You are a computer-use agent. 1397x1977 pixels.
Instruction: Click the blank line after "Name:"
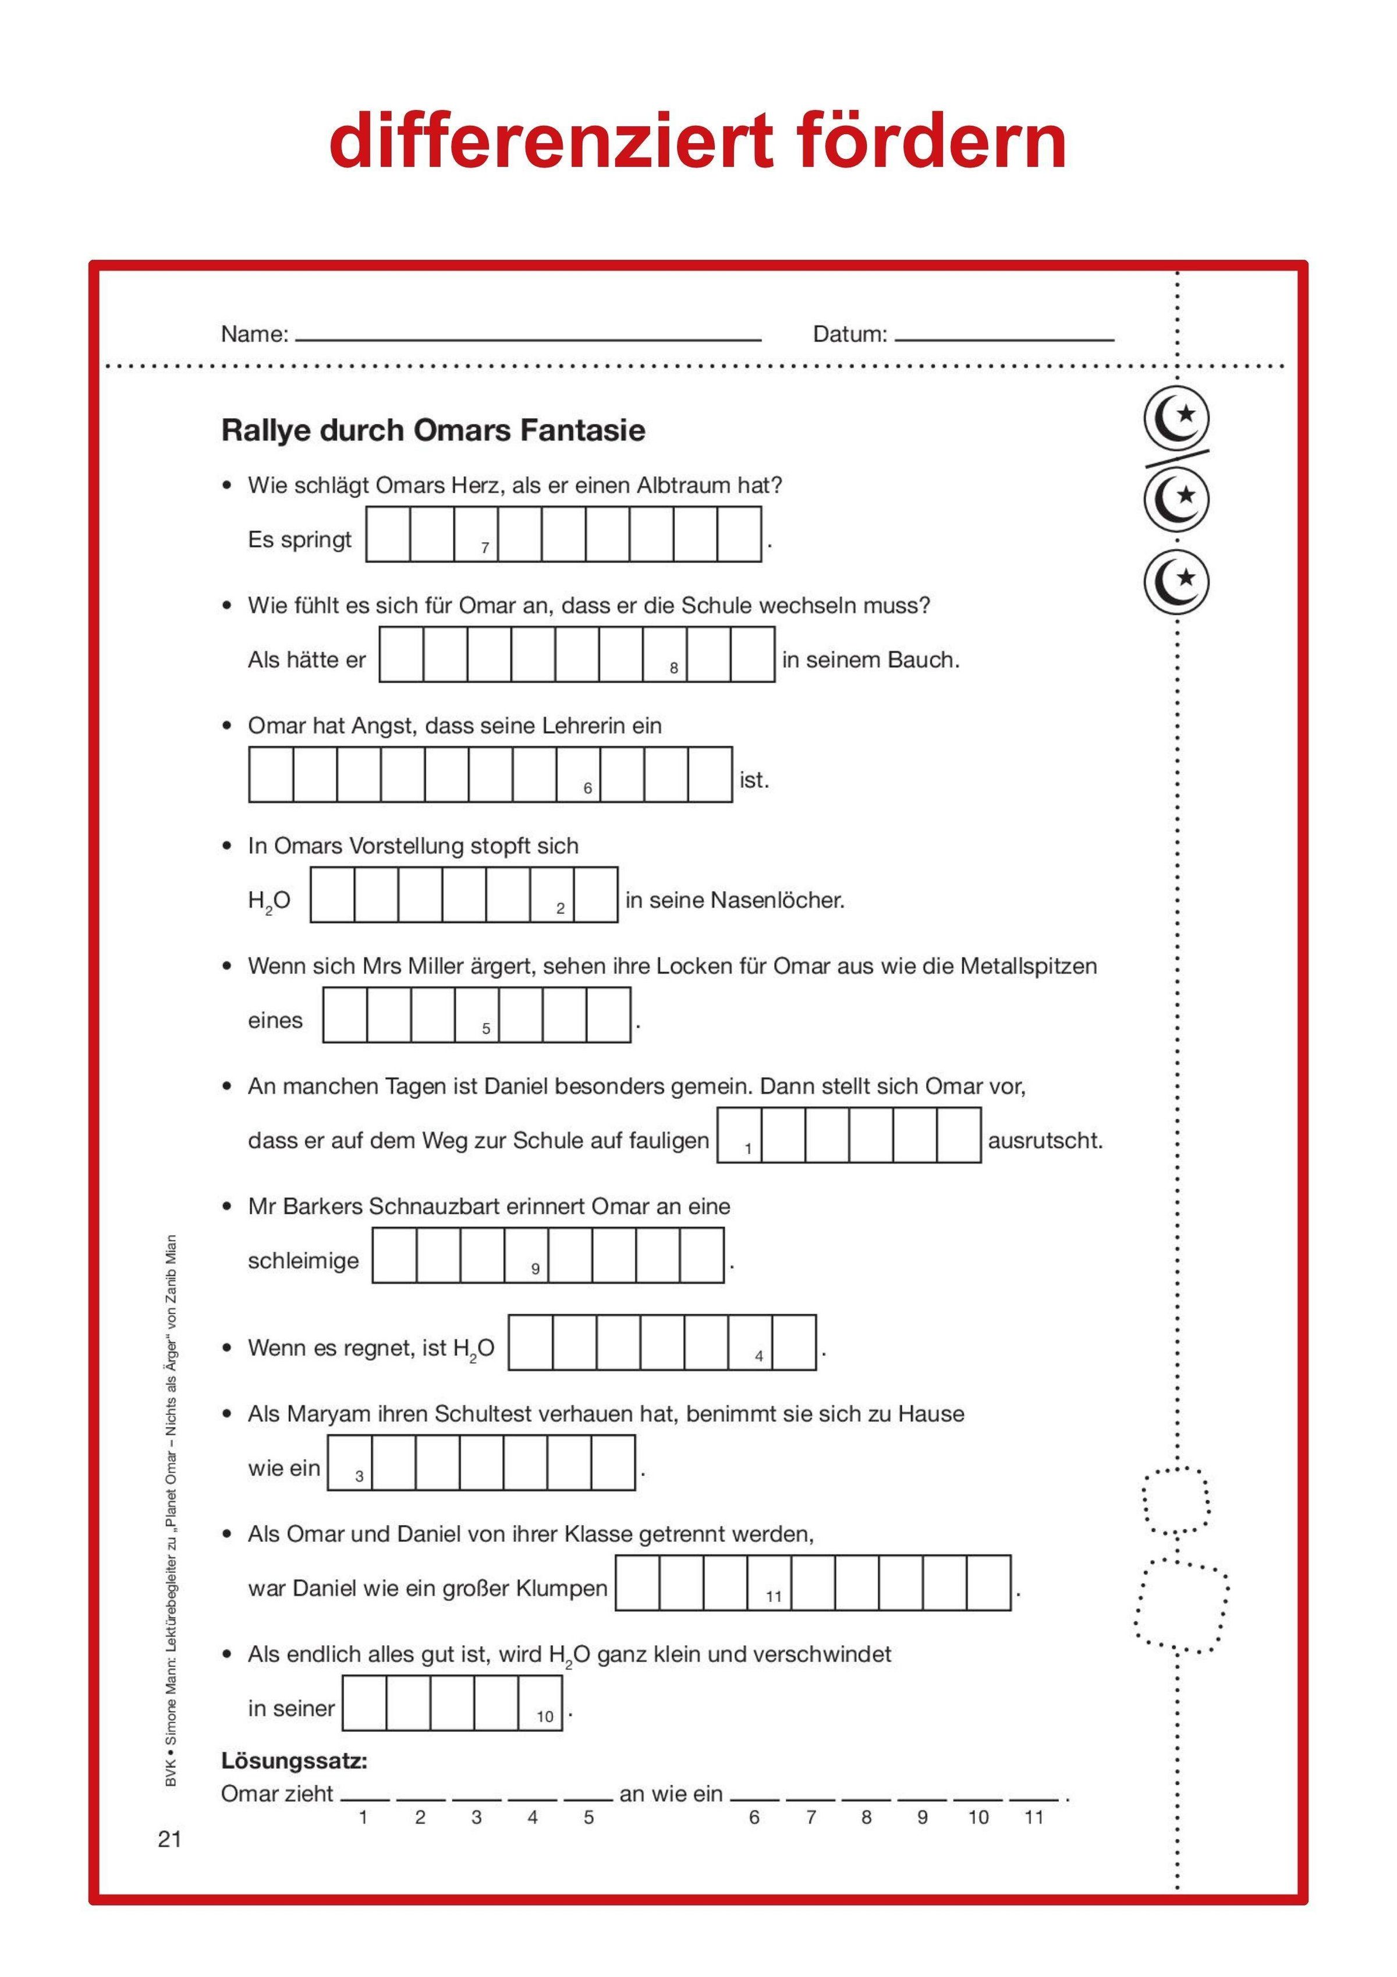[527, 338]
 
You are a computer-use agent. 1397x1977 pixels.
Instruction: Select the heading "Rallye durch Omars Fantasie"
[433, 430]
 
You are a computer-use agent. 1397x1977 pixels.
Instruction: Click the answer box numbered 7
[476, 535]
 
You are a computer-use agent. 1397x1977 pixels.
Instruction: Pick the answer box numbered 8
[665, 655]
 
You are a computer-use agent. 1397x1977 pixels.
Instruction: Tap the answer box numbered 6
[579, 775]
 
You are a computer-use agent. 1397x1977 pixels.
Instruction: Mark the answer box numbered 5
[477, 1015]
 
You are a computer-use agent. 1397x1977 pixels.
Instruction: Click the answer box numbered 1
[739, 1135]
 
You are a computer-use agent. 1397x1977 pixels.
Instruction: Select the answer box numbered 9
[526, 1255]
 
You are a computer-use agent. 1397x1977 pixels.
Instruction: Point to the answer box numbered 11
[769, 1583]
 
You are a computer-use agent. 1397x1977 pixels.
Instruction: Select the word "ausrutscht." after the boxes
[1045, 1141]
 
